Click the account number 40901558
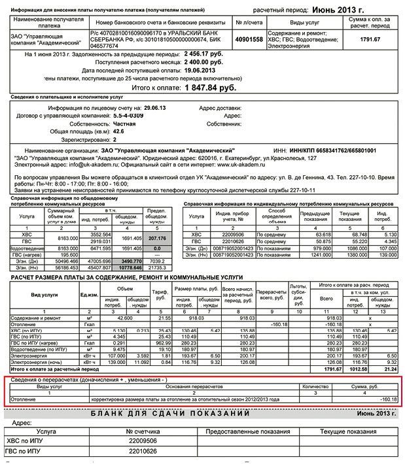[249, 39]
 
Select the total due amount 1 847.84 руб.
[209, 87]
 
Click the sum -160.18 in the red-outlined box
[388, 399]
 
